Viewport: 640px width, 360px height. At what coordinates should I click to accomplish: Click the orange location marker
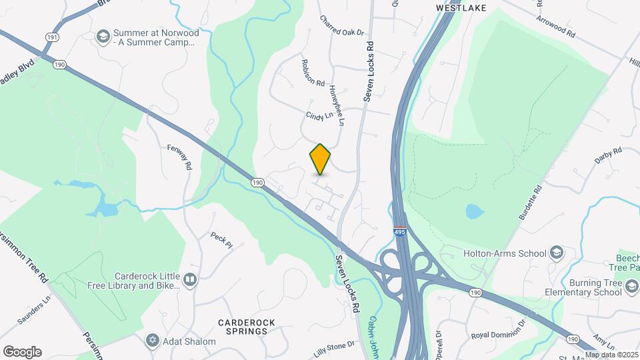(321, 159)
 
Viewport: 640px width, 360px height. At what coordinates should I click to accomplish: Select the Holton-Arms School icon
(556, 253)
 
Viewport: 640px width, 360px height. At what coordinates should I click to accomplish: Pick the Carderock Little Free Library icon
(190, 279)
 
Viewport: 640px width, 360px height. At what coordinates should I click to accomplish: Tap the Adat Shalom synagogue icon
(152, 341)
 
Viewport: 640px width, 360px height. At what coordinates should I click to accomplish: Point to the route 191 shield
(51, 37)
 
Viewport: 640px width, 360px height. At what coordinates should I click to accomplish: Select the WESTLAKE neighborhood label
(461, 7)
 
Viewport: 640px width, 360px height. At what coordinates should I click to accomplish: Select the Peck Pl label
(221, 240)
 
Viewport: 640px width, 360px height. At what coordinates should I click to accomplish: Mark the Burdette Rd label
(531, 203)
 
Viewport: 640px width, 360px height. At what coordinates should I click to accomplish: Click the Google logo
(22, 352)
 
